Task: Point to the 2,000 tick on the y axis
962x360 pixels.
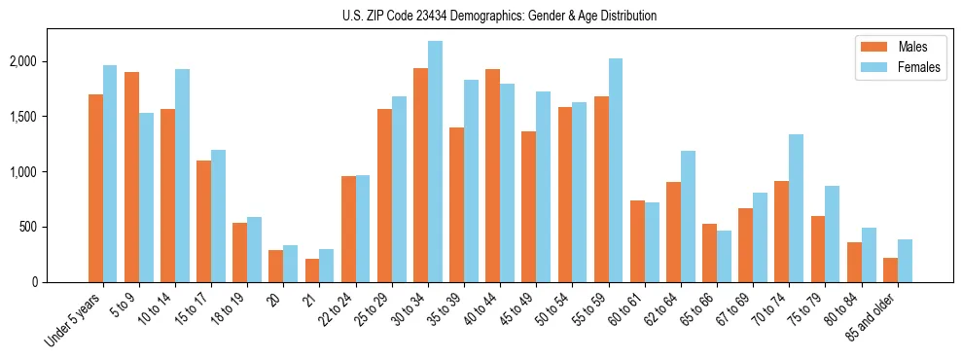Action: click(x=23, y=61)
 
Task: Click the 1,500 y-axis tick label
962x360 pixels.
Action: click(x=23, y=117)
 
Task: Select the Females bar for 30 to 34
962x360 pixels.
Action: click(x=435, y=162)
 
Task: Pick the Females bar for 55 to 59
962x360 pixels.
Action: click(x=616, y=170)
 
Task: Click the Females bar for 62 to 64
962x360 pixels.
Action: click(x=688, y=216)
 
